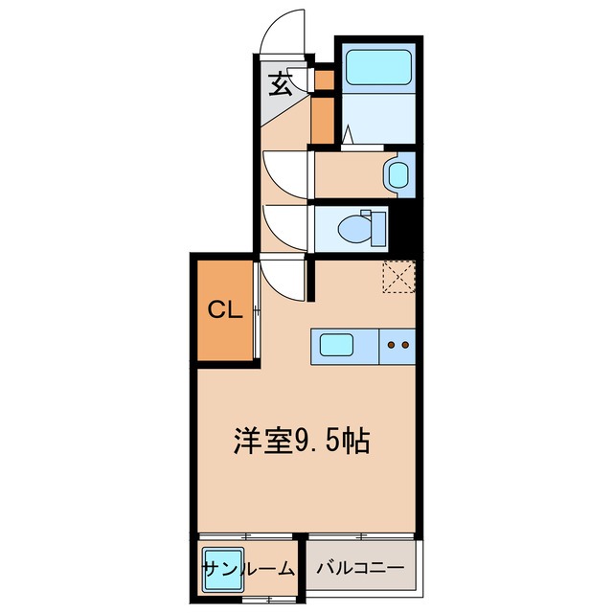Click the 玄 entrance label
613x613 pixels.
tap(280, 85)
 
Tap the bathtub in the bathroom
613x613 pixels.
tap(376, 66)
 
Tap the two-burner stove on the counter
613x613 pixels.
tap(397, 344)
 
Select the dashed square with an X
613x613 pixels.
tap(397, 279)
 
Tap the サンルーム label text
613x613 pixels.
tap(247, 569)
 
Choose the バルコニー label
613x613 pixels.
tap(362, 569)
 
